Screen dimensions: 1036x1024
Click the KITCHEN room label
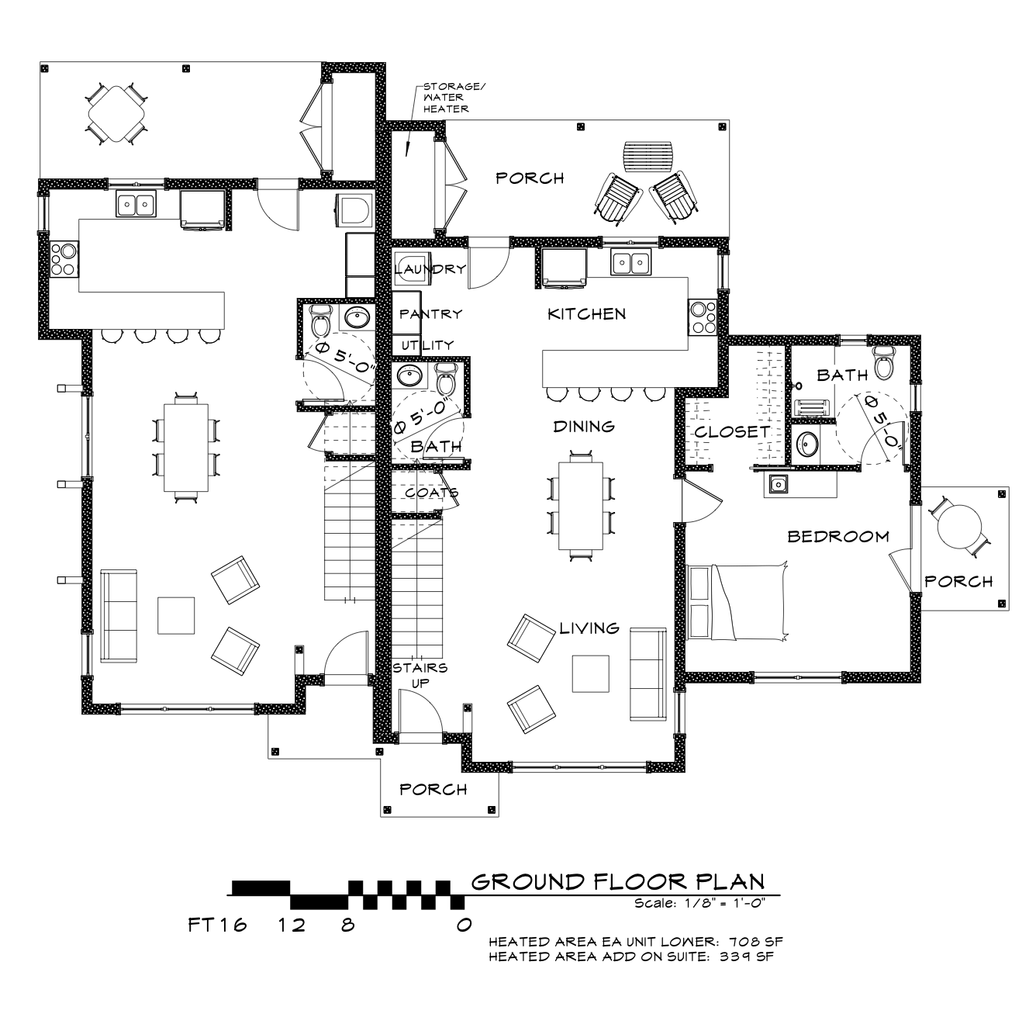coord(586,314)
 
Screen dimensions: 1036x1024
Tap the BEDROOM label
coord(838,537)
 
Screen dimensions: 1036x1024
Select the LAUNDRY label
coord(430,269)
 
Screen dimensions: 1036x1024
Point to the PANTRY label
coord(430,313)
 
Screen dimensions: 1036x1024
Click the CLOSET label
coord(732,432)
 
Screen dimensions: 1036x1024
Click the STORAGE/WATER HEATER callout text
coord(447,98)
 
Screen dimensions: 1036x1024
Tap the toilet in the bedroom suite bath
coord(883,363)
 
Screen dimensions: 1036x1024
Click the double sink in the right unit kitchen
coord(630,262)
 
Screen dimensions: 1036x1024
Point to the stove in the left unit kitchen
coord(64,259)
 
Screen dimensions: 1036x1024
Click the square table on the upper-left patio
coord(116,113)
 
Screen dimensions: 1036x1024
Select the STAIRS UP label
coord(420,676)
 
